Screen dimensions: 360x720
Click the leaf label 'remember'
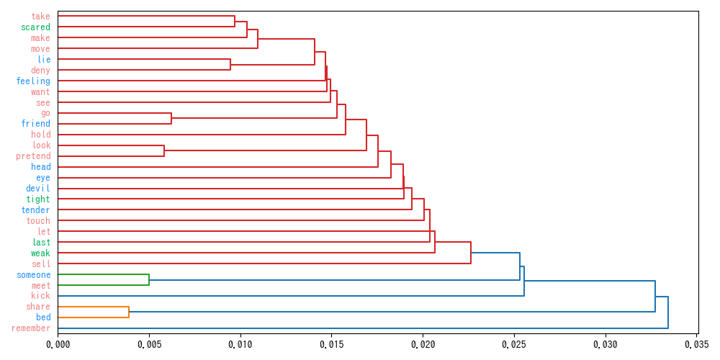[31, 329]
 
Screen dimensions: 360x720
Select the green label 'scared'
[36, 27]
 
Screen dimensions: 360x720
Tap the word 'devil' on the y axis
[38, 189]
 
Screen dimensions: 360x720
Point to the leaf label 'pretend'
[33, 156]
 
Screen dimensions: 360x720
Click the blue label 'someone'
[34, 275]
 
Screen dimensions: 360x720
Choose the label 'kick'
[40, 297]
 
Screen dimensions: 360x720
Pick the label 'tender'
[36, 210]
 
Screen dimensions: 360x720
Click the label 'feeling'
[33, 81]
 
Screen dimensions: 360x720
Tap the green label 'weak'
[40, 253]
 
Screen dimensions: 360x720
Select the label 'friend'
[36, 124]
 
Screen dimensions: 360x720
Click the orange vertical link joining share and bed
[129, 312]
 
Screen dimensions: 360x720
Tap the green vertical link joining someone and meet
[149, 280]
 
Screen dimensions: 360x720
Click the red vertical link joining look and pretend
[164, 150]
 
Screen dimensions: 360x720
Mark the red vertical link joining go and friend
[171, 119]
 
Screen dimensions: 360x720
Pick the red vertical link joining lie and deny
[230, 65]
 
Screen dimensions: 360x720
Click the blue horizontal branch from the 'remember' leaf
[360, 328]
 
